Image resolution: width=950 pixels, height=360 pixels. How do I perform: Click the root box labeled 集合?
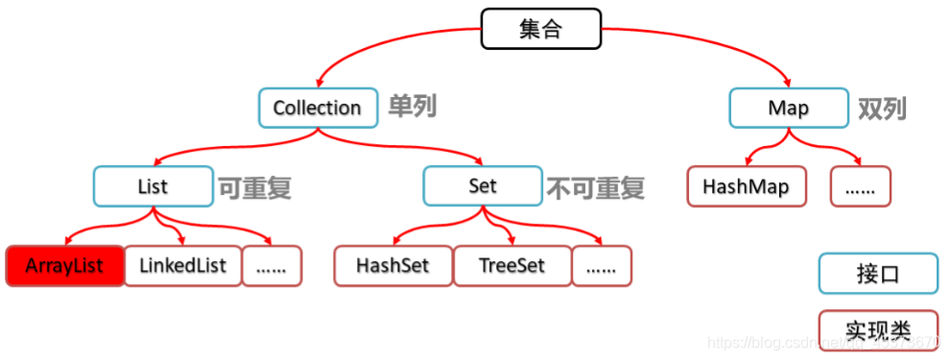540,29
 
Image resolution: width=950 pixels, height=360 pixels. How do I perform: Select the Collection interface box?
317,108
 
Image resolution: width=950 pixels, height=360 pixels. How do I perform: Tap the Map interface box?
788,108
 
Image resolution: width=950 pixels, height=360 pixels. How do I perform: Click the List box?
153,186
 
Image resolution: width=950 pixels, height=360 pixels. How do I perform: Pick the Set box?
483,186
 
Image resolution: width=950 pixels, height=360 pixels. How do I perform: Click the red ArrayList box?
65,266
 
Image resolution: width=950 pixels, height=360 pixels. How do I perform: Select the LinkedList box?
181,266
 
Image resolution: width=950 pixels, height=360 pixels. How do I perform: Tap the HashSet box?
392,266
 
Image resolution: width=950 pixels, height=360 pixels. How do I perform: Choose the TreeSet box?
511,266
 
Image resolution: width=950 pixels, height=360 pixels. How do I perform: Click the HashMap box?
746,186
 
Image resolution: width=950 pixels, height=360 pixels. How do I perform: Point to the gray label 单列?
412,107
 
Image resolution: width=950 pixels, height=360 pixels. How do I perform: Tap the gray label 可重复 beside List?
254,187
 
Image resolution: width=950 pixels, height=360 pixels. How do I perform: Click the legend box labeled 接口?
877,274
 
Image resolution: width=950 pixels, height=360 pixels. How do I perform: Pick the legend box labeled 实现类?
877,329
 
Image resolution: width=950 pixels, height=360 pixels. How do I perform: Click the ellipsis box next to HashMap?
860,186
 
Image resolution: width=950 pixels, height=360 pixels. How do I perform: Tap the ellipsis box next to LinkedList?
272,266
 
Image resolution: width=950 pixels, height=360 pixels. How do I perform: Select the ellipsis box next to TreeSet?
601,266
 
